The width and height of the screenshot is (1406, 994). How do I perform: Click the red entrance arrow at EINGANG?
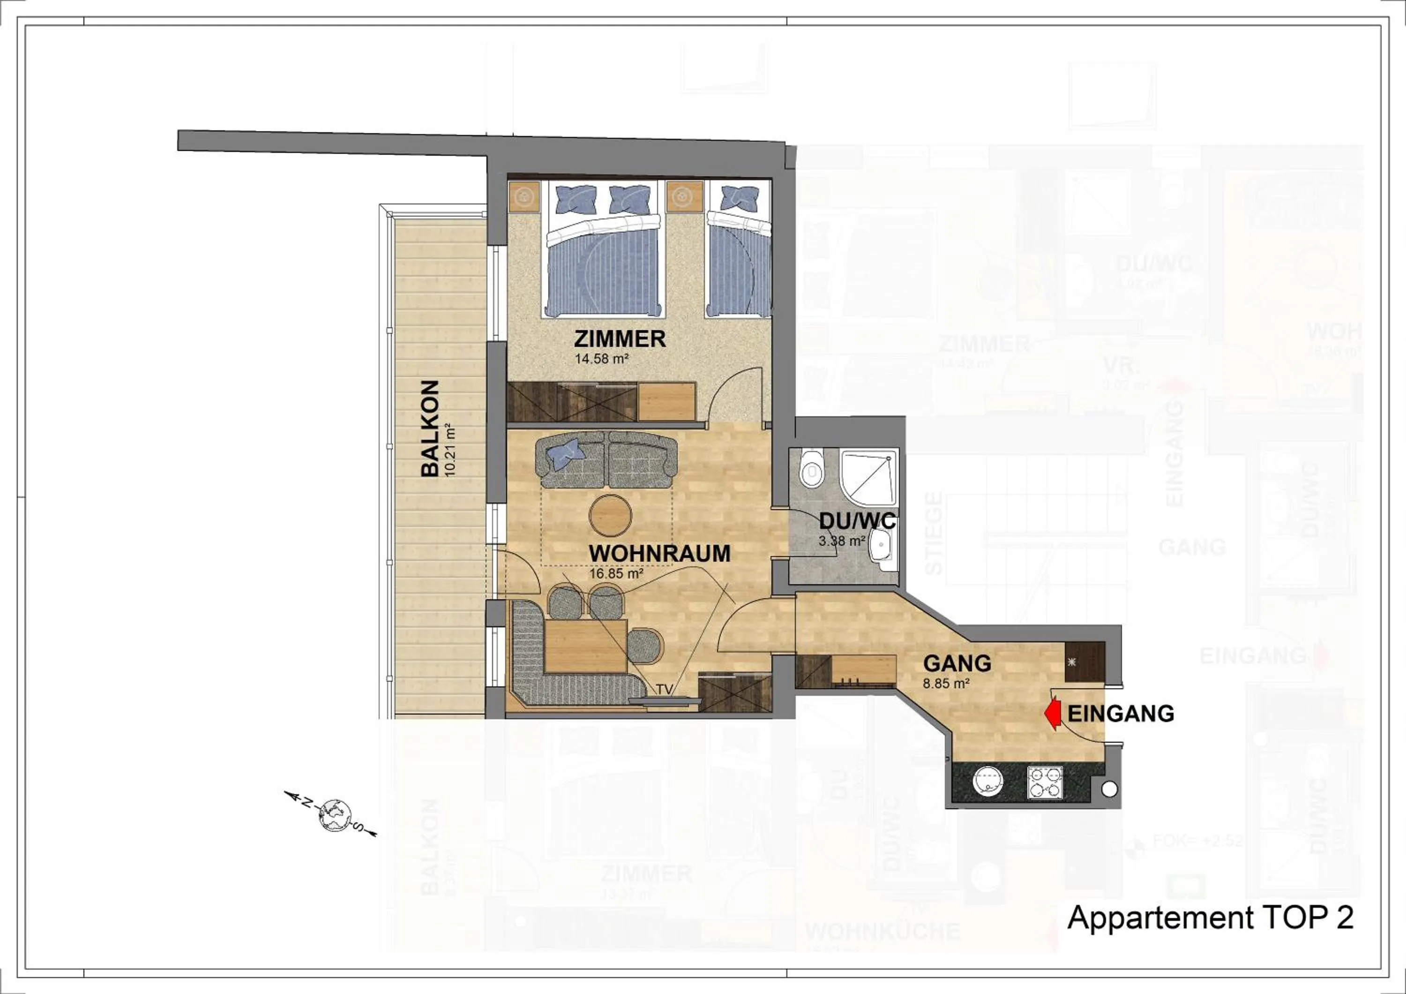pos(1053,715)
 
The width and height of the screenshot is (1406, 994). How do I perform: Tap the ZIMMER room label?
pos(619,339)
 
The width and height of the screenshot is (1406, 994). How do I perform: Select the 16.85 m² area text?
pos(615,574)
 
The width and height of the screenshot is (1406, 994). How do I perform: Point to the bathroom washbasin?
pos(881,544)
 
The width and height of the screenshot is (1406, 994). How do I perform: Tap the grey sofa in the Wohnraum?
pos(606,460)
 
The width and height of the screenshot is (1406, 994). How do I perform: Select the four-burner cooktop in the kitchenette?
pos(1045,782)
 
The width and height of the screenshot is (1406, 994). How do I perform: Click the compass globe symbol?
pos(334,816)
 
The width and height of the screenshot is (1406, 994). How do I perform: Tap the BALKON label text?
pos(429,428)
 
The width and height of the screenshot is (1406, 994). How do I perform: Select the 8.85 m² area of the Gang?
pos(946,684)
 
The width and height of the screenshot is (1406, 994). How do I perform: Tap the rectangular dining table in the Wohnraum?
pos(585,646)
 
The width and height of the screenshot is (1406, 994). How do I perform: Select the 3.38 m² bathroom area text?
pos(841,541)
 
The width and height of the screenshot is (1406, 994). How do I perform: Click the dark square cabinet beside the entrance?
pos(1085,662)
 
